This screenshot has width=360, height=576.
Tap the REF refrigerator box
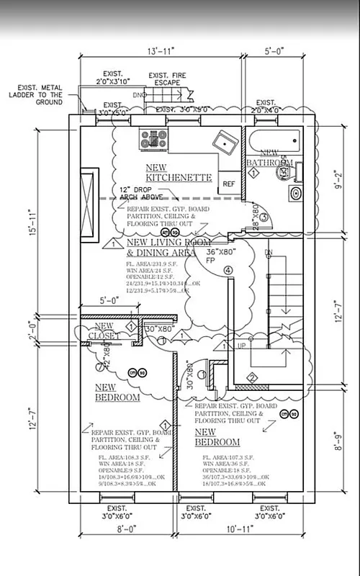click(x=229, y=184)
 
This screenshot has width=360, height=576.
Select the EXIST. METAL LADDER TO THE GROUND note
click(x=37, y=98)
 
